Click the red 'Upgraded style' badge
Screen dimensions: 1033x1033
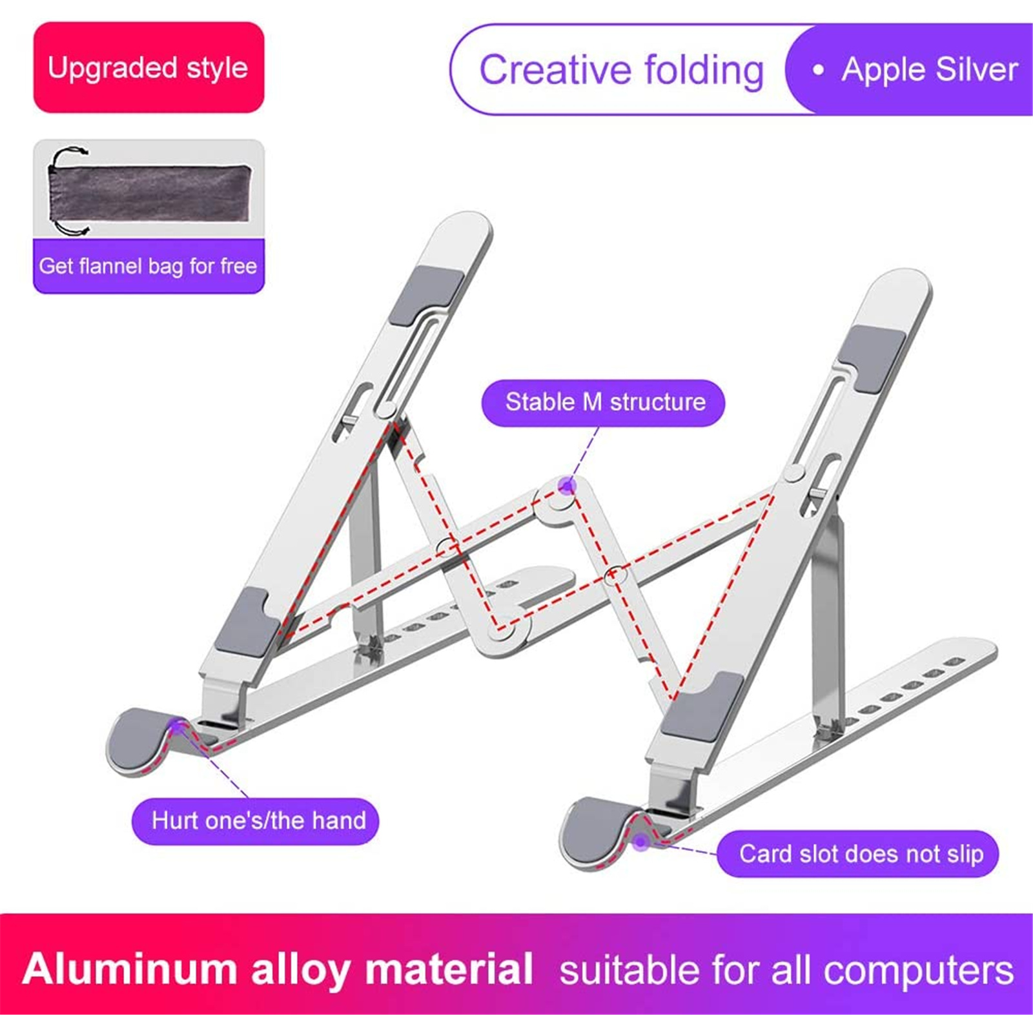[x=148, y=67]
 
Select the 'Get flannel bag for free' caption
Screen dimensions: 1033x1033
[x=148, y=266]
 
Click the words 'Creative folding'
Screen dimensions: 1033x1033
[x=621, y=70]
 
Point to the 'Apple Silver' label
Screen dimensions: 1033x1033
[x=930, y=70]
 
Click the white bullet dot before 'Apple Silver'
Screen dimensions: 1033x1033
[x=819, y=70]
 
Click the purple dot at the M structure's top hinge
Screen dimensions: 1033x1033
[x=567, y=486]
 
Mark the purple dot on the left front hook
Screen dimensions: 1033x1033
[x=176, y=728]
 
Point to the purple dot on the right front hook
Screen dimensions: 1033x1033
[x=640, y=842]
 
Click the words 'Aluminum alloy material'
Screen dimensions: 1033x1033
[x=278, y=969]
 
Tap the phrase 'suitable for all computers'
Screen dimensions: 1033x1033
[x=786, y=970]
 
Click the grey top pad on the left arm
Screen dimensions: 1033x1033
[x=426, y=295]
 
